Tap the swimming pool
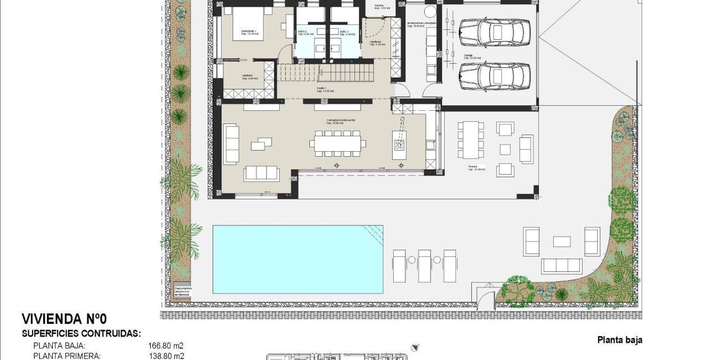coord(297,259)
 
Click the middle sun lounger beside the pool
coord(425,265)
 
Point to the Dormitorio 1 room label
coord(249,32)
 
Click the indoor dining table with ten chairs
coord(337,143)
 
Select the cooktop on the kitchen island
coord(399,146)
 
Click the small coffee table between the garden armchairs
coord(562,241)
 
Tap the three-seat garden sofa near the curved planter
coord(562,266)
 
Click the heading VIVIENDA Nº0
coord(64,319)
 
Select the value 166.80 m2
coord(166,346)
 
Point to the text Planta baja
coord(620,341)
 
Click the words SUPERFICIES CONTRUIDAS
coord(81,334)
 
